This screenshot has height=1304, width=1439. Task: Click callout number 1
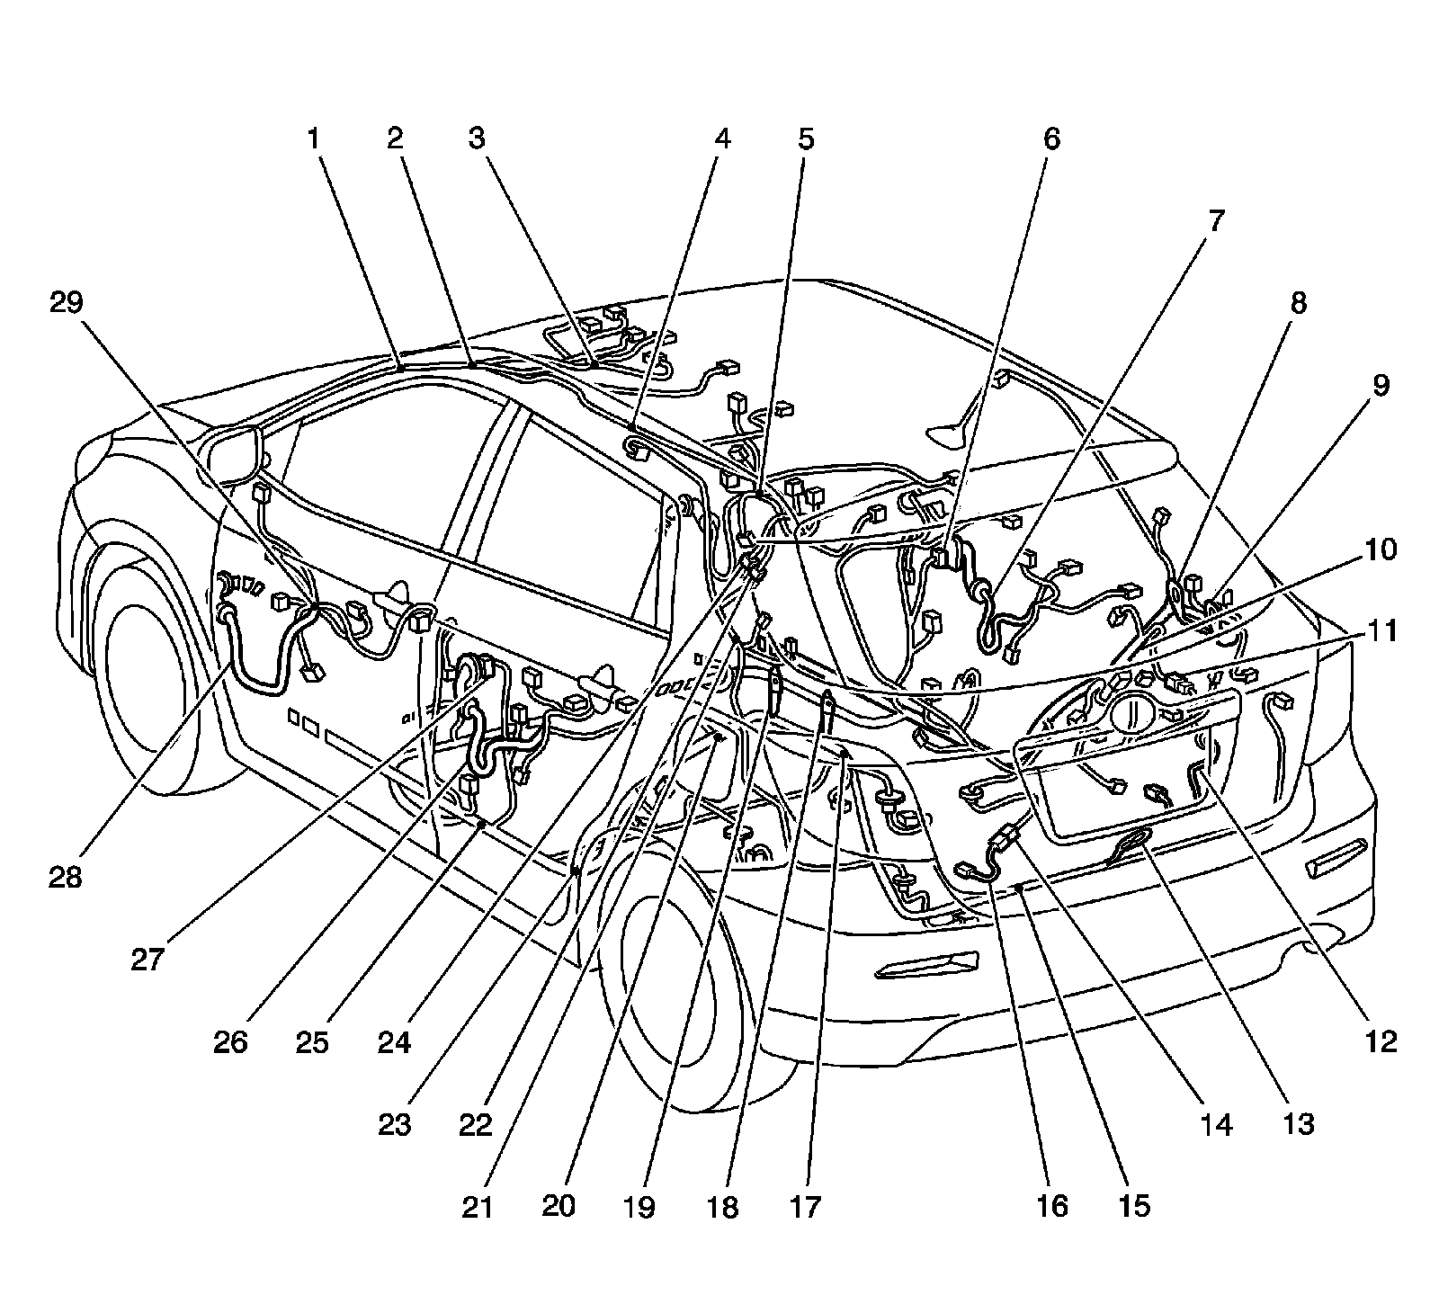[x=313, y=139]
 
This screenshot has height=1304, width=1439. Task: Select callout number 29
[x=66, y=303]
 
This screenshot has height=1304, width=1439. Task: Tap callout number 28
[x=66, y=877]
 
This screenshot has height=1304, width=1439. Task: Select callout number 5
[x=805, y=139]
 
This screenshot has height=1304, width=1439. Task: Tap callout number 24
[x=394, y=1043]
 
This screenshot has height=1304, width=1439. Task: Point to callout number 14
[x=1216, y=1124]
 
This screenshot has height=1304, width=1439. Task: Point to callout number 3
[x=477, y=139]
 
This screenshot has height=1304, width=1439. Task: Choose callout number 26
[x=230, y=1043]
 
